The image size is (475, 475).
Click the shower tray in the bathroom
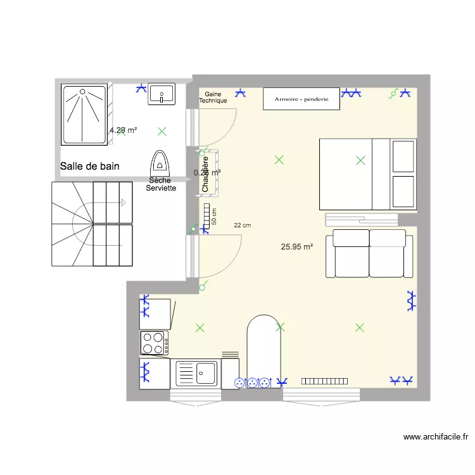(x=84, y=115)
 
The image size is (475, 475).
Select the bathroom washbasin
(x=161, y=94)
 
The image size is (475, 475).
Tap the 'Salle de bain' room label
(x=90, y=166)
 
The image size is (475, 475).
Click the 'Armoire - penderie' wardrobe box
(x=301, y=99)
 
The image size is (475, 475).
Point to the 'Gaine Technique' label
(x=213, y=97)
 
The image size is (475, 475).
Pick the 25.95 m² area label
(x=297, y=247)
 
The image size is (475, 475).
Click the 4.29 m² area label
(x=123, y=130)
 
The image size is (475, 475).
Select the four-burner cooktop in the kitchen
(x=154, y=343)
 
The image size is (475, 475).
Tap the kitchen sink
(x=196, y=372)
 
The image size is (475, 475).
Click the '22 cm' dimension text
(x=242, y=225)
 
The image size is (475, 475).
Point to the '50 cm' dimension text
(x=214, y=217)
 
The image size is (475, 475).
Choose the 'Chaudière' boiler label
(x=205, y=174)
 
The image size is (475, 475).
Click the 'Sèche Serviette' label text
(x=161, y=184)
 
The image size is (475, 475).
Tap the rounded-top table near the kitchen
(x=263, y=348)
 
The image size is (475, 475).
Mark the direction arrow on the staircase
(x=123, y=203)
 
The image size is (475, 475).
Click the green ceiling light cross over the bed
(x=360, y=160)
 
